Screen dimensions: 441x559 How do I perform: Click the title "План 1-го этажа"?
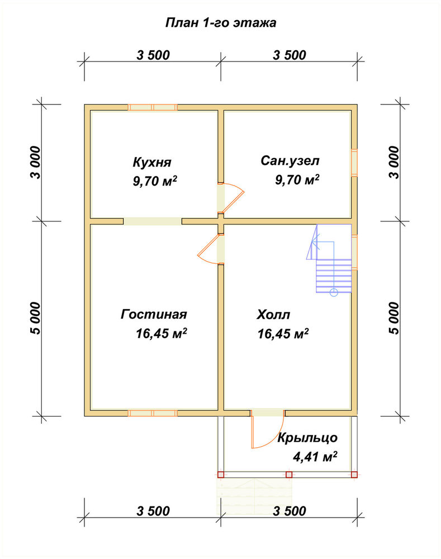pos(221,23)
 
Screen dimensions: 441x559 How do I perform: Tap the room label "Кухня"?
pos(152,163)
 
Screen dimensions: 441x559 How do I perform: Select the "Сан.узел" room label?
pos(290,161)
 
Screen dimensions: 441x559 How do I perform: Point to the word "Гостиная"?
pos(154,314)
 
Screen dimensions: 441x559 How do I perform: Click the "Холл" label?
pos(273,315)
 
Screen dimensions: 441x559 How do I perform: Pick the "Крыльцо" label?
pos(307,438)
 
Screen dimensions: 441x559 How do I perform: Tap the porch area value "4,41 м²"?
pos(315,456)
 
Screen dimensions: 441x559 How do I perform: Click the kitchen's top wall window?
pos(153,107)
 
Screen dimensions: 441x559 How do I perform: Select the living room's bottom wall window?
pos(153,413)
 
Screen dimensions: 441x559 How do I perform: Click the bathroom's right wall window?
pos(354,162)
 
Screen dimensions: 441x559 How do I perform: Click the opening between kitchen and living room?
pos(153,221)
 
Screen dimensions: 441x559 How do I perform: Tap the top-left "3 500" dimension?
pos(153,55)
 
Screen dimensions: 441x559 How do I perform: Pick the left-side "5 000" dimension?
pos(36,319)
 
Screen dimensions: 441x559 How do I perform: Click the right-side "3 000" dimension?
pos(394,163)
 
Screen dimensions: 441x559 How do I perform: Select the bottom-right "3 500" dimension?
pos(290,511)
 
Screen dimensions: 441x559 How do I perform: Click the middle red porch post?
pos(289,475)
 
